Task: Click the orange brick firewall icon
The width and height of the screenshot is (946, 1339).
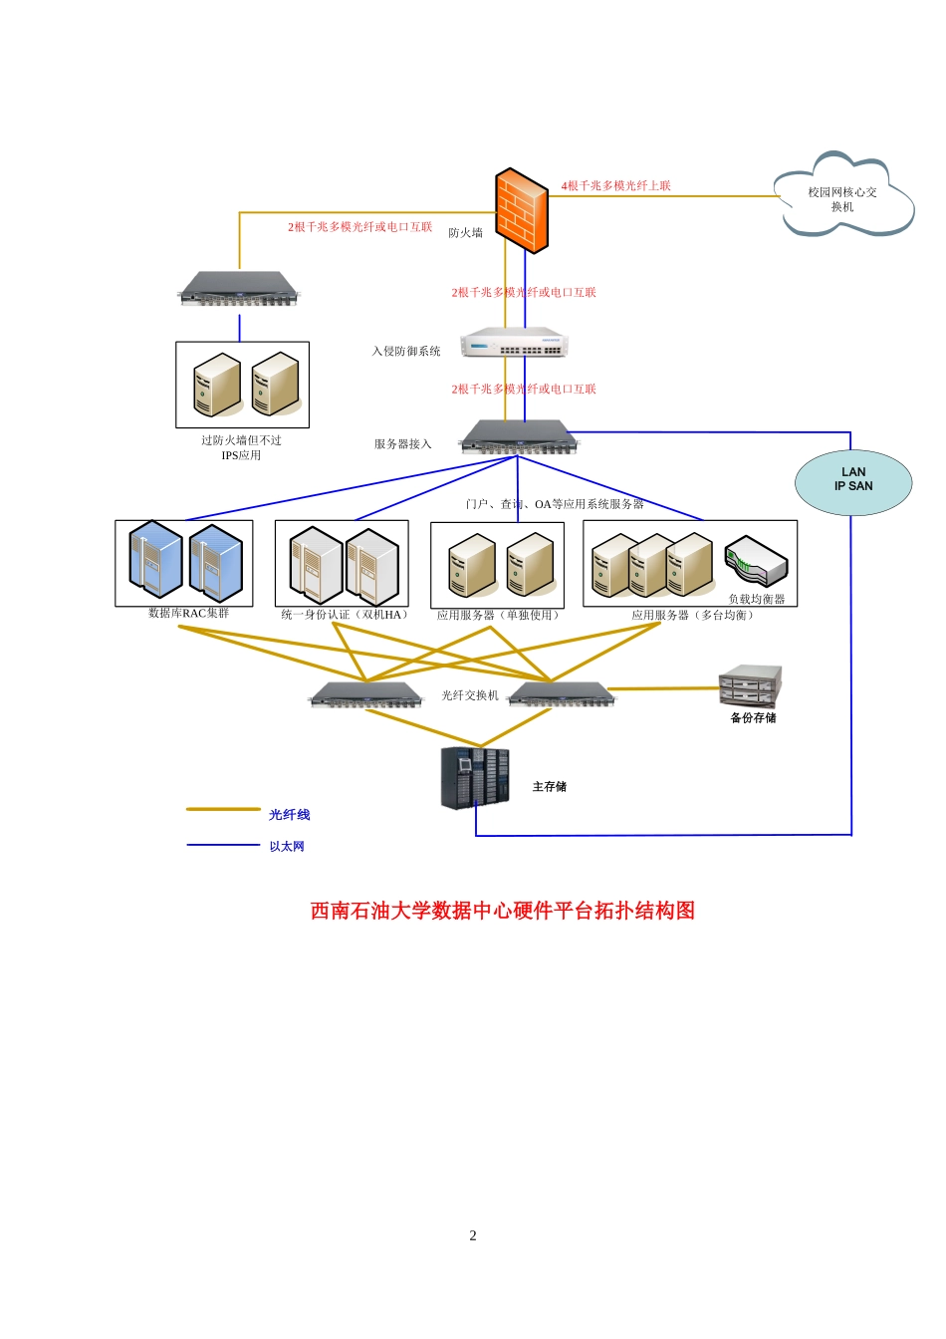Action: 521,210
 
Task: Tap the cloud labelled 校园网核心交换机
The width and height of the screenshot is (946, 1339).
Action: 843,195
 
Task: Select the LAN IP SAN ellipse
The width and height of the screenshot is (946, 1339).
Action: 852,482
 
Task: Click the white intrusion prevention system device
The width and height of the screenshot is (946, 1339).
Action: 514,342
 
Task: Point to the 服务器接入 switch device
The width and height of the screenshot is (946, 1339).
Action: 519,437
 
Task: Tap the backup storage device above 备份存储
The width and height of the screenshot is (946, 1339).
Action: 751,685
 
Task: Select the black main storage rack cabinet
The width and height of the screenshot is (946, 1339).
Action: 475,778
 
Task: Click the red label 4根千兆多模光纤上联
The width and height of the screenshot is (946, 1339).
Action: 615,186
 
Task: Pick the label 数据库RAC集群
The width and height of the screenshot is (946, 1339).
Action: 188,614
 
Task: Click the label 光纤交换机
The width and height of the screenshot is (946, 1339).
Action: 470,695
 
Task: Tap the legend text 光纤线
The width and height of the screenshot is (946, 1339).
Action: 289,814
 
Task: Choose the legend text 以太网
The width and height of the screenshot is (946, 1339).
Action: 287,847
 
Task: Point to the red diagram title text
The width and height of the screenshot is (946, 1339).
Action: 503,911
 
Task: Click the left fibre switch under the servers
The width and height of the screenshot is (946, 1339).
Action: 365,694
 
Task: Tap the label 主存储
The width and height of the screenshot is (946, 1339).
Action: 550,787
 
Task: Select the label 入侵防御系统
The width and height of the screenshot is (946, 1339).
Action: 406,351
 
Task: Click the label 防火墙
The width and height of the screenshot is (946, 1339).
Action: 465,233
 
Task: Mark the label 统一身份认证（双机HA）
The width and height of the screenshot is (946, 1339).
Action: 345,615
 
